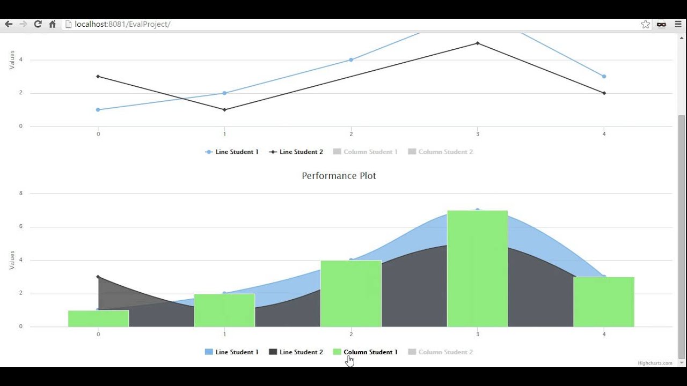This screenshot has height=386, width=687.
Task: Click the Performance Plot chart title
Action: tap(339, 176)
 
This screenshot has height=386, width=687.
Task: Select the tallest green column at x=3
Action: tap(477, 268)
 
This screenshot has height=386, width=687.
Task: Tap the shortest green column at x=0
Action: tap(98, 318)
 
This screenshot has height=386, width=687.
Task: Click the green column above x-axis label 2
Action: tap(351, 293)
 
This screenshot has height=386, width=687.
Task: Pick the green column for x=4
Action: tap(604, 302)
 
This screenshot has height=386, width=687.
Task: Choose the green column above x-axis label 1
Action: tap(224, 310)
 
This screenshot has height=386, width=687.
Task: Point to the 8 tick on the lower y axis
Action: tap(21, 193)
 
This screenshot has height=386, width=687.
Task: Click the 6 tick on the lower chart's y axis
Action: tap(21, 227)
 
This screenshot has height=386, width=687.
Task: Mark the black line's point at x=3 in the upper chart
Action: tap(477, 43)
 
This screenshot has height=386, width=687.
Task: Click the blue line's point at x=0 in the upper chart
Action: tap(98, 110)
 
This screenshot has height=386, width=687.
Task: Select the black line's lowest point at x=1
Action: tap(224, 110)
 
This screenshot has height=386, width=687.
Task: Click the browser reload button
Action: tap(38, 24)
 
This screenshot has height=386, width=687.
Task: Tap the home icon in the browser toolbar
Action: tap(53, 24)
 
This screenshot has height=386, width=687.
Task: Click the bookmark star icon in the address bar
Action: tap(646, 24)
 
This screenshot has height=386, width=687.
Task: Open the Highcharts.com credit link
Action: tap(655, 363)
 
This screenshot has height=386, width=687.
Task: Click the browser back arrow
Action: tap(9, 24)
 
